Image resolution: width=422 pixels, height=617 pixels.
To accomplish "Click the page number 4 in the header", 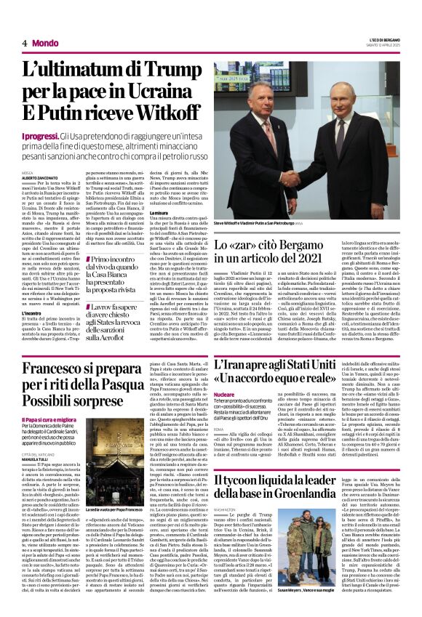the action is click(x=25, y=43).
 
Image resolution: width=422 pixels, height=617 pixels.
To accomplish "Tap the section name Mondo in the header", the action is click(x=45, y=43).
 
